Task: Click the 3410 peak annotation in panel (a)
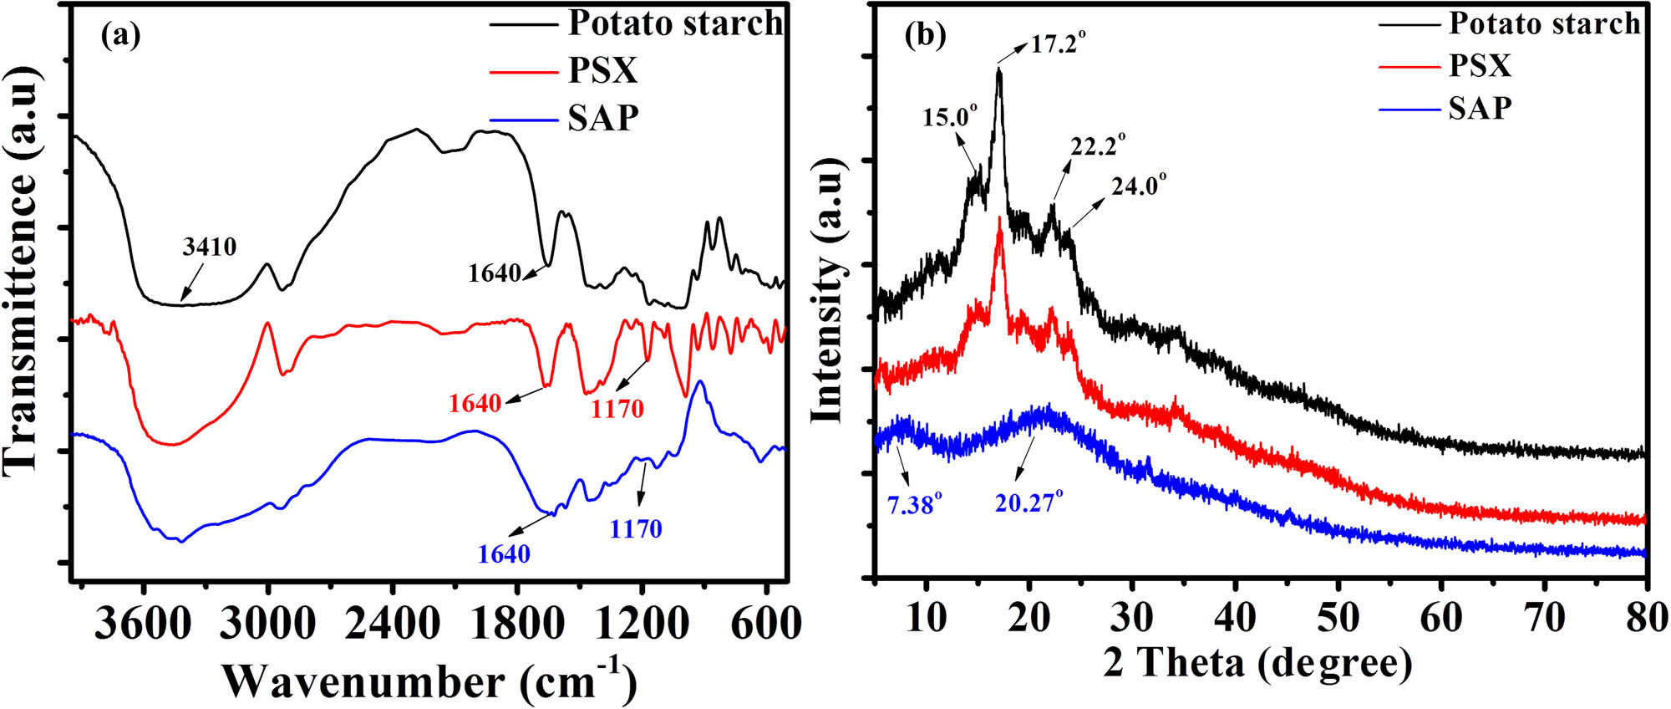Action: pos(210,247)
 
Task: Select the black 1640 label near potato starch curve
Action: pos(495,273)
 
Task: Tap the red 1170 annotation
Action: pos(617,409)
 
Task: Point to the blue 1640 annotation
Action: pos(504,554)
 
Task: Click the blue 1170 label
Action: pos(636,528)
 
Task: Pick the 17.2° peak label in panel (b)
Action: pos(1058,43)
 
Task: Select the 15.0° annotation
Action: pos(950,117)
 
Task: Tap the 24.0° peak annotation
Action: pos(1139,185)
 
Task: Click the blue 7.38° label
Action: pos(916,504)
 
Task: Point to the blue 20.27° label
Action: pos(1029,502)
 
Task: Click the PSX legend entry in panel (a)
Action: pos(602,71)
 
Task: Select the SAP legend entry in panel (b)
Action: pos(1480,108)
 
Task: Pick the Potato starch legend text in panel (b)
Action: pos(1544,23)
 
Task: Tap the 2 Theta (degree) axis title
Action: pos(1257,663)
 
